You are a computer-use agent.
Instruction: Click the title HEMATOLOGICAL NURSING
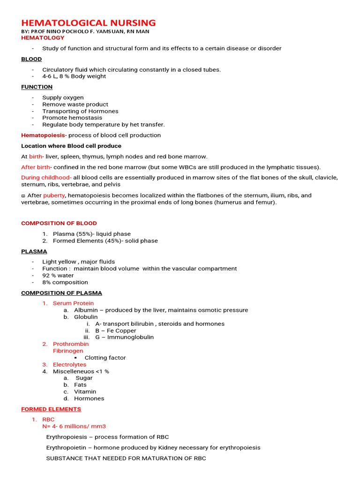click(89, 22)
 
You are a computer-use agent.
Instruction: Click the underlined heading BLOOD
click(31, 59)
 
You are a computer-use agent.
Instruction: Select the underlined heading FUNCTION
click(37, 87)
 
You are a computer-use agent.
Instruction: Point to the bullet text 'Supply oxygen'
click(63, 97)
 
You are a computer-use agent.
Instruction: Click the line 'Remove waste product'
click(75, 105)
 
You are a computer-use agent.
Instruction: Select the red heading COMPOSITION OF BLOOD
click(59, 223)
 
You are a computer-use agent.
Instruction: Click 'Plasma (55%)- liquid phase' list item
click(91, 234)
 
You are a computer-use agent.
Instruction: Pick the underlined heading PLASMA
click(34, 251)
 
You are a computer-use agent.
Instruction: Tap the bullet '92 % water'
click(58, 276)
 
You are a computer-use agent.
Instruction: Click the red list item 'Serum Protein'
click(73, 303)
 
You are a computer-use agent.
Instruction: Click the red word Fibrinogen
click(68, 351)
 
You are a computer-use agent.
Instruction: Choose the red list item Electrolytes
click(69, 364)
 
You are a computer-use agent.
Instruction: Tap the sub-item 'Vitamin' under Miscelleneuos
click(85, 391)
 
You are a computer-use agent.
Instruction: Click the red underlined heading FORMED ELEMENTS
click(51, 409)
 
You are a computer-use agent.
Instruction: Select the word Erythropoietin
click(66, 448)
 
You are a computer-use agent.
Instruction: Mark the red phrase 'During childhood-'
click(46, 178)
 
